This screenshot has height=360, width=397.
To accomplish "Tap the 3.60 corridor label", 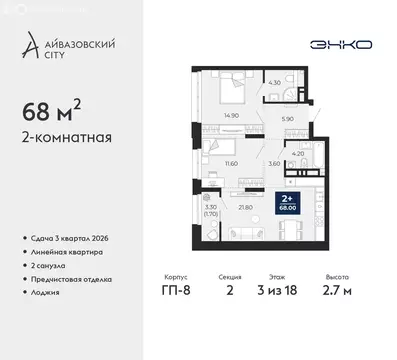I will [273, 162].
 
